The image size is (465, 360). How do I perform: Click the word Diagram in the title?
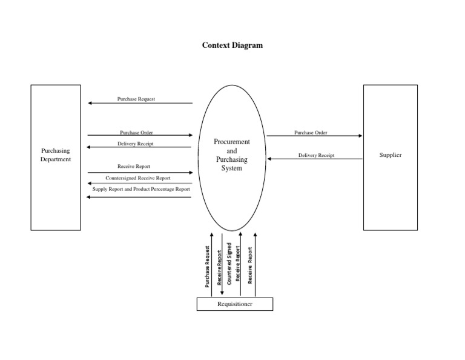[247, 45]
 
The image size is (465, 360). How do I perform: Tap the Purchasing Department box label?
[56, 155]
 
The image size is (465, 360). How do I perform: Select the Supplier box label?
[390, 155]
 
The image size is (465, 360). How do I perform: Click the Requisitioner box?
[234, 304]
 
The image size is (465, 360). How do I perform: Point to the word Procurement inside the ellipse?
[232, 141]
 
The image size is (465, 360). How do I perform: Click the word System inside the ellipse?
[232, 168]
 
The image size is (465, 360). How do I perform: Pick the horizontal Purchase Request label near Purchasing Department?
[136, 99]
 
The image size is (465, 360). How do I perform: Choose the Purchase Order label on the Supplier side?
[311, 132]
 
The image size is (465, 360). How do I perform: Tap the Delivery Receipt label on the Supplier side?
[316, 155]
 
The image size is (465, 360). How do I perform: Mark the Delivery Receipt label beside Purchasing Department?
[135, 144]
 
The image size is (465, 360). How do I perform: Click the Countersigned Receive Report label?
[137, 178]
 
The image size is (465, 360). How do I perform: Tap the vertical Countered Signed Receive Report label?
[233, 265]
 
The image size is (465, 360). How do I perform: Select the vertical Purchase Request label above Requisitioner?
[208, 267]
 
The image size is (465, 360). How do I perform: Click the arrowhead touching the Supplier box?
[360, 136]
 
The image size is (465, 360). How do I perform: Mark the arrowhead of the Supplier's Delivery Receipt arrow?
[270, 159]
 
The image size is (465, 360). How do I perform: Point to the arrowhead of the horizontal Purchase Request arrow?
[90, 103]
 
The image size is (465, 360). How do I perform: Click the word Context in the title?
[216, 45]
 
